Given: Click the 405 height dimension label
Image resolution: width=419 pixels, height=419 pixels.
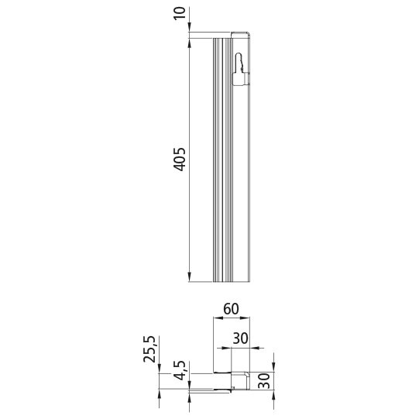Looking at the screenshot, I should pyautogui.click(x=179, y=158).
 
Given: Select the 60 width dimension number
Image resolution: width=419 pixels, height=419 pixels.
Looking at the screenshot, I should pyautogui.click(x=231, y=308).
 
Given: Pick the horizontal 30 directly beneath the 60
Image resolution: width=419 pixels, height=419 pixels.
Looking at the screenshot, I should pyautogui.click(x=241, y=338).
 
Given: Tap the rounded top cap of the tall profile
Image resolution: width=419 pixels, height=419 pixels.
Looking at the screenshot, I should pyautogui.click(x=241, y=33).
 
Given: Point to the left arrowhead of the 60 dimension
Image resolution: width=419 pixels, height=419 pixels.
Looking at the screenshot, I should pyautogui.click(x=217, y=317).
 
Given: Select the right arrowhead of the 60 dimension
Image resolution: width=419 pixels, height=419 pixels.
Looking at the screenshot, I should pyautogui.click(x=246, y=317).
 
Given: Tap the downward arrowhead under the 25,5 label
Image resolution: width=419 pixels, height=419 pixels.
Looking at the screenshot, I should pyautogui.click(x=159, y=368).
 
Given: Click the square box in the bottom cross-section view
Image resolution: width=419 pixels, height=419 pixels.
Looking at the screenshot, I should pyautogui.click(x=241, y=381).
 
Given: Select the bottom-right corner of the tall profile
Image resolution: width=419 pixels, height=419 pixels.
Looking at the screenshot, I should pyautogui.click(x=250, y=282).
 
